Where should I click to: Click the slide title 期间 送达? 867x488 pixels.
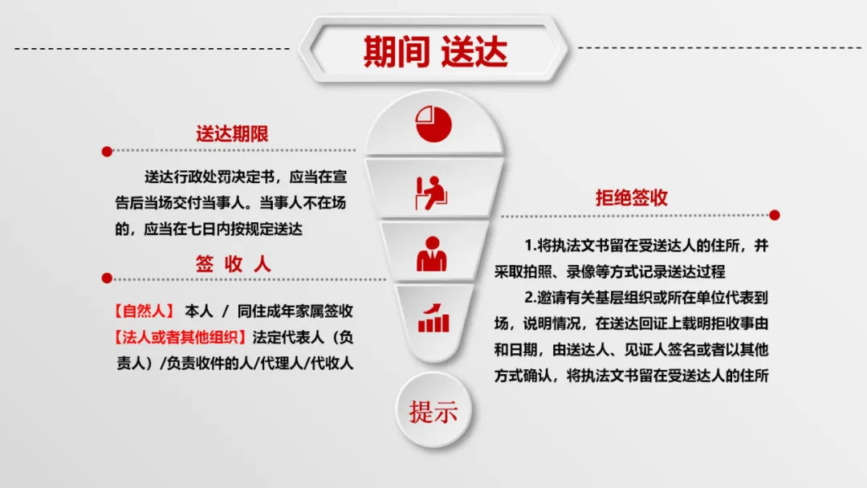click(x=435, y=51)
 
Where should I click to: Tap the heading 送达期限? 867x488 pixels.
click(x=232, y=134)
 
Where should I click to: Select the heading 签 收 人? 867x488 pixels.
click(x=233, y=264)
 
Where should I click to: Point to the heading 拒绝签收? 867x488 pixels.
click(x=632, y=198)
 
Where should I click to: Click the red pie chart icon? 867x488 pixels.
click(x=433, y=124)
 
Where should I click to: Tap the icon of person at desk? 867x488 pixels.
click(x=431, y=193)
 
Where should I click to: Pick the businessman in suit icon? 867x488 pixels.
click(x=432, y=254)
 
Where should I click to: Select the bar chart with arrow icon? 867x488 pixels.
click(x=433, y=318)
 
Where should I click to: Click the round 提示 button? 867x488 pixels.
click(x=433, y=411)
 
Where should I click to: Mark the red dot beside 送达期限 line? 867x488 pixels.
click(x=108, y=152)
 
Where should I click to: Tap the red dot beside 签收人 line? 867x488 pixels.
click(x=108, y=278)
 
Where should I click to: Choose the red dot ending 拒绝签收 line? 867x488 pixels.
click(x=775, y=215)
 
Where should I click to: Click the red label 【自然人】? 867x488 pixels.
click(x=144, y=311)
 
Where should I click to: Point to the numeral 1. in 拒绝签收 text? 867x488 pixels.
click(x=531, y=246)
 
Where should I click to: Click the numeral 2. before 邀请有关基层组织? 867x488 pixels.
click(x=531, y=298)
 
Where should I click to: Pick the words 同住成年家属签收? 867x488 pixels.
click(x=295, y=311)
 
